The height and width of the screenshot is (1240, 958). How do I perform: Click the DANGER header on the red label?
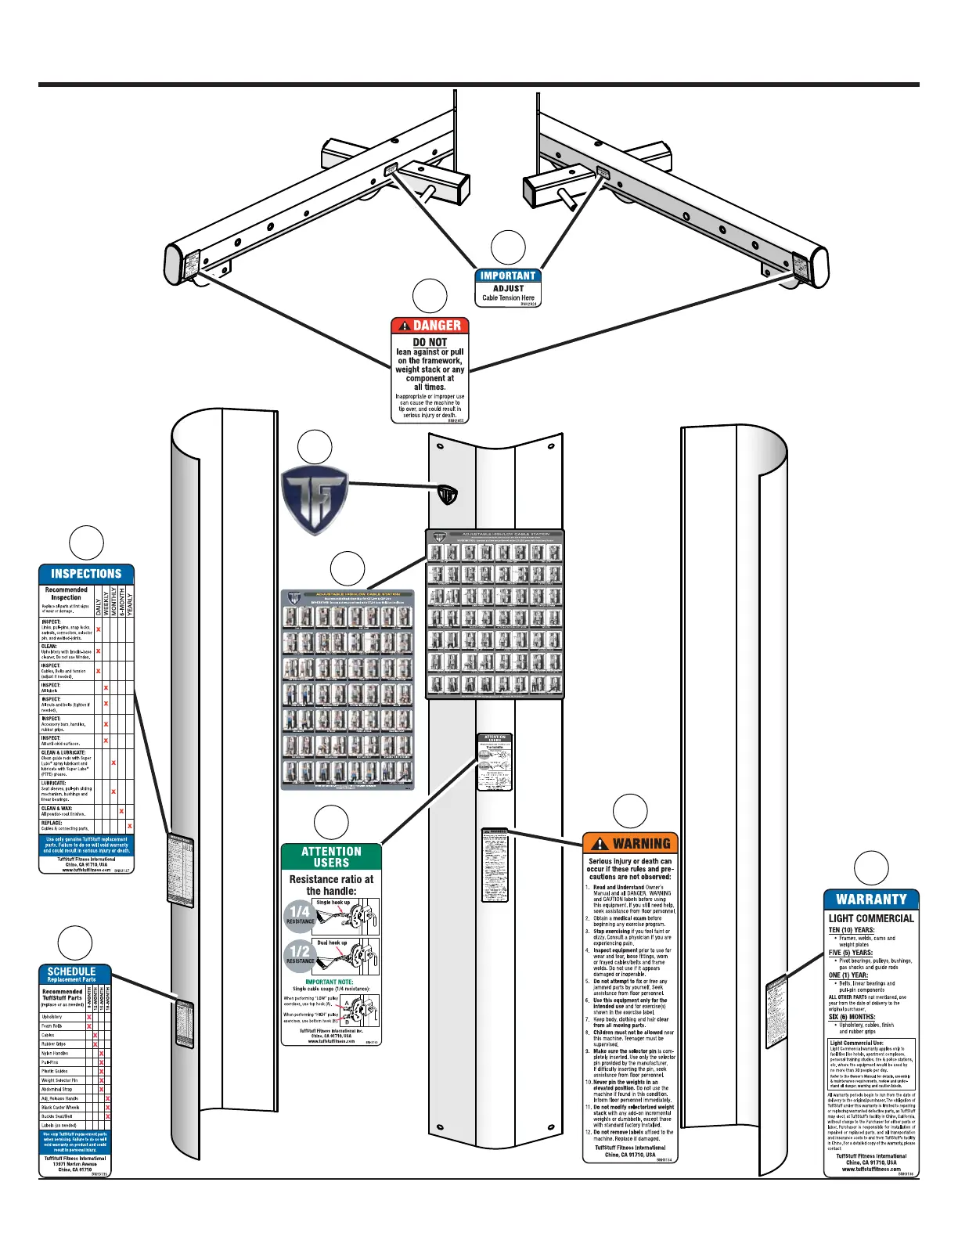(x=430, y=326)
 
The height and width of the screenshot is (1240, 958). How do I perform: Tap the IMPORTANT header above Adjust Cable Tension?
(x=508, y=276)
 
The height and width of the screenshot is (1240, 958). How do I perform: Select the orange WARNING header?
(x=631, y=843)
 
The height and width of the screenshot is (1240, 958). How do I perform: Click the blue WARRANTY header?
(x=871, y=899)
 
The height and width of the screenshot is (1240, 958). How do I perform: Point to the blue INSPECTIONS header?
(x=86, y=574)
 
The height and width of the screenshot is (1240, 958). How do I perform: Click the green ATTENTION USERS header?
(x=331, y=856)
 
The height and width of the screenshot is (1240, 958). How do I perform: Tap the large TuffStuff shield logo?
(x=315, y=499)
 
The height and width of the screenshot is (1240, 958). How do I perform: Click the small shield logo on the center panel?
(x=447, y=495)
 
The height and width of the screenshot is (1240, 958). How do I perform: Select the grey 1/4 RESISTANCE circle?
(x=300, y=914)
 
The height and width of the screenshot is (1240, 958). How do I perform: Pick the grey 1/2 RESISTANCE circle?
(x=300, y=954)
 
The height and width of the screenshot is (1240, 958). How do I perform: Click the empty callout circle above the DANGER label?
(x=430, y=296)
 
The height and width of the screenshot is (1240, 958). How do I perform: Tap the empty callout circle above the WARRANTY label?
(x=871, y=868)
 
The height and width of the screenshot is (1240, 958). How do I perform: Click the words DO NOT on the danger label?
(x=430, y=342)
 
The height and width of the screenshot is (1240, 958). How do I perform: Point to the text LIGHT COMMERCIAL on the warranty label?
(x=871, y=918)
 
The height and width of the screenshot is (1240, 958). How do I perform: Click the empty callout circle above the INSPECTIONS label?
(x=86, y=543)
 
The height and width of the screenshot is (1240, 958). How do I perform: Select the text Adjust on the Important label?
(x=508, y=288)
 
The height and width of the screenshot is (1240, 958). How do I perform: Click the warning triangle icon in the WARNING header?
(x=600, y=843)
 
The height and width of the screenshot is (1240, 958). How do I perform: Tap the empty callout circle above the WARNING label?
(x=630, y=811)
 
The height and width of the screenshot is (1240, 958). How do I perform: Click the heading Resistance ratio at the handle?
(x=331, y=885)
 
